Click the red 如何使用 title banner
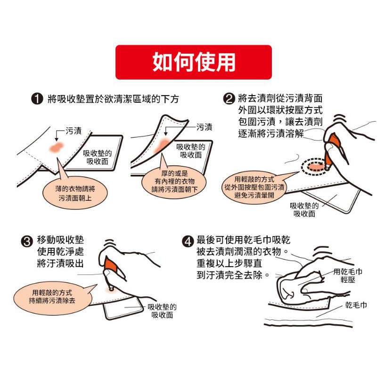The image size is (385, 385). pos(194,62)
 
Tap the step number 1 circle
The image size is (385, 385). pos(37,99)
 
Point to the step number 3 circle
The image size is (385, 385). pos(27,241)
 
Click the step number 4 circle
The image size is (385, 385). pos(188,241)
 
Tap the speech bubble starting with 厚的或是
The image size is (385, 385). pos(174,180)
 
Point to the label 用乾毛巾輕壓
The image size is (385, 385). pos(348,276)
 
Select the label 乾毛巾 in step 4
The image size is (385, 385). pos(356,305)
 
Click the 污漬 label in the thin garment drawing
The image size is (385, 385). pos(74,131)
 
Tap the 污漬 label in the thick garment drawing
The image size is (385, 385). pos(204,127)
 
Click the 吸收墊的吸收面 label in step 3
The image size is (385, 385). pos(162,311)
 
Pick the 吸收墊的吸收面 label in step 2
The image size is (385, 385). pos(304,210)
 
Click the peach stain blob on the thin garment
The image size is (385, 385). pos(57,147)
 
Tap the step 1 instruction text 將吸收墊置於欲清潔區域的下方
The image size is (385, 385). pos(113,99)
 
